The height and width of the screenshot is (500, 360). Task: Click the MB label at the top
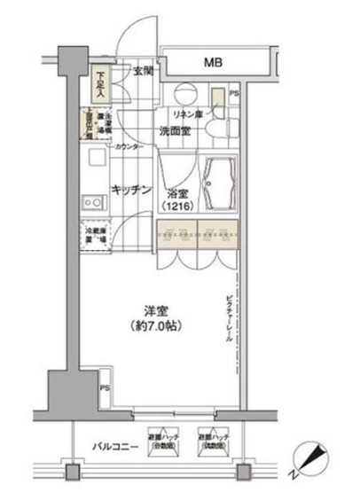point(213,62)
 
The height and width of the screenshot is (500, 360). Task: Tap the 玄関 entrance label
point(144,72)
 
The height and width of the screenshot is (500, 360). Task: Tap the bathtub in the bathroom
point(216,184)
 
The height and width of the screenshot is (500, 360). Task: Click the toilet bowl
point(215,127)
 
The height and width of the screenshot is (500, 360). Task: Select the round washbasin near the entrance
point(185,94)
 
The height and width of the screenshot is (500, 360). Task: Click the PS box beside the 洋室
point(105,389)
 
